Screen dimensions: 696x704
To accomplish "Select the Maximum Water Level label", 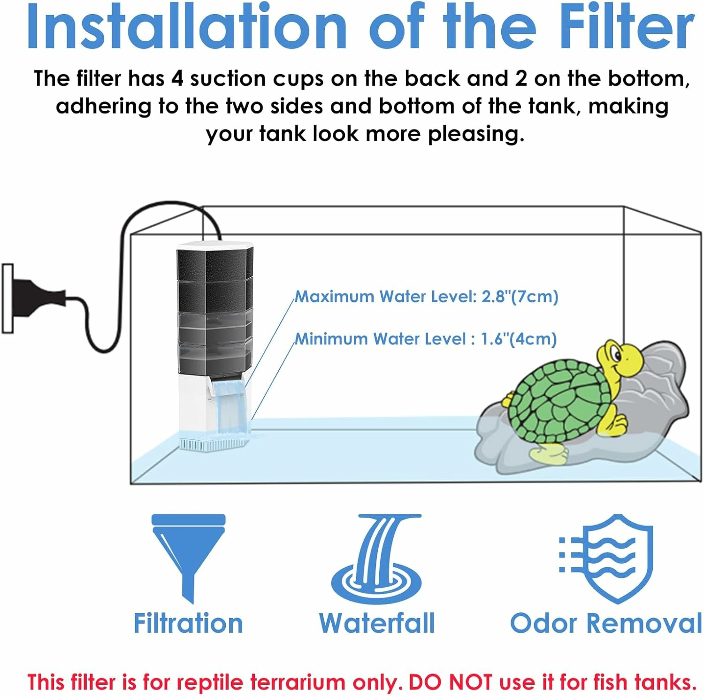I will coord(426,297).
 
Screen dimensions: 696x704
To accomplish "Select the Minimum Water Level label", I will coord(425,339).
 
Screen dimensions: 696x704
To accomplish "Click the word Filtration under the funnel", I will coord(188,623).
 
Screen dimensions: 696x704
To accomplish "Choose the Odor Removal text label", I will coord(605,623).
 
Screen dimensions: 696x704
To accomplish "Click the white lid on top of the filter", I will coord(214,245).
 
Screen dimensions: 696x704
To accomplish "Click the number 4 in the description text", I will coord(177,78).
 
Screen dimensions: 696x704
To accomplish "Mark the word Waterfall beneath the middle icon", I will coord(377,623).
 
